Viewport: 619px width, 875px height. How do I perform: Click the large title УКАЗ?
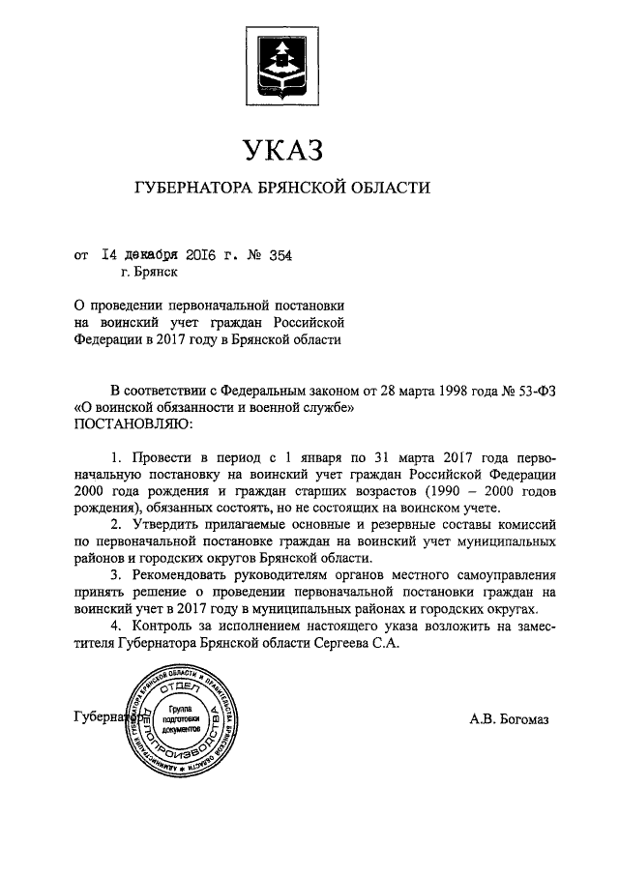click(x=280, y=151)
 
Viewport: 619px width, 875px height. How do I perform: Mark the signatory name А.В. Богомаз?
click(x=509, y=718)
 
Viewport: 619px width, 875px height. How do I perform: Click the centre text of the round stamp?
click(x=182, y=720)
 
